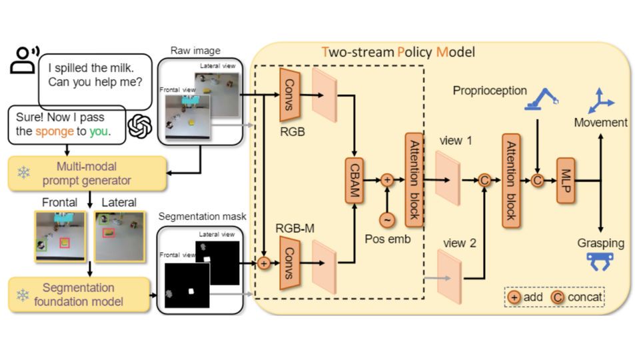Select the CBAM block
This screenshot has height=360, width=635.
353,179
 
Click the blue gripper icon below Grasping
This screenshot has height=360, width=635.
602,263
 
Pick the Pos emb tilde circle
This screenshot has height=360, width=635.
386,219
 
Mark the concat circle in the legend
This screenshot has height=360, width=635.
557,296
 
